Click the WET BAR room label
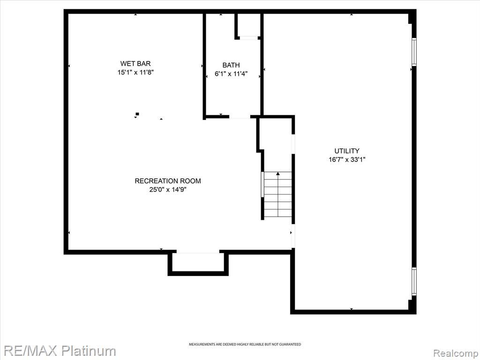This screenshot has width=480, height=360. click(x=135, y=64)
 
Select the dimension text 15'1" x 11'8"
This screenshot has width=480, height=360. click(x=135, y=73)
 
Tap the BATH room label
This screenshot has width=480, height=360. click(x=231, y=65)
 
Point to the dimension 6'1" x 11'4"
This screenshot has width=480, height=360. click(x=231, y=74)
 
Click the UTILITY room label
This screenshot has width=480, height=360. click(x=347, y=151)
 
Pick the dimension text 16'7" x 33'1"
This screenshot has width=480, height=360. click(x=347, y=159)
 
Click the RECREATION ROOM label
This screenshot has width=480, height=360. click(x=168, y=181)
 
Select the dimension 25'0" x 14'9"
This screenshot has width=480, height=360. click(x=168, y=189)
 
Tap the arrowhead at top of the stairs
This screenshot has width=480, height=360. click(x=278, y=173)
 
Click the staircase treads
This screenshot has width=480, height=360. click(x=278, y=195)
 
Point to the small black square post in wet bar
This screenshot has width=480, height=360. click(x=137, y=114)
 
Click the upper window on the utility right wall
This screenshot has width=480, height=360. click(x=414, y=52)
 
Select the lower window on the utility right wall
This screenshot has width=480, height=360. click(x=414, y=281)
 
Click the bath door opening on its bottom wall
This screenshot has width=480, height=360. click(x=240, y=117)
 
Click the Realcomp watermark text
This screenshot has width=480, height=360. click(x=456, y=353)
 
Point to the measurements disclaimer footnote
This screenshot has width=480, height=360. click(x=245, y=345)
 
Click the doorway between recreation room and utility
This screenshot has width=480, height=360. click(x=293, y=236)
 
